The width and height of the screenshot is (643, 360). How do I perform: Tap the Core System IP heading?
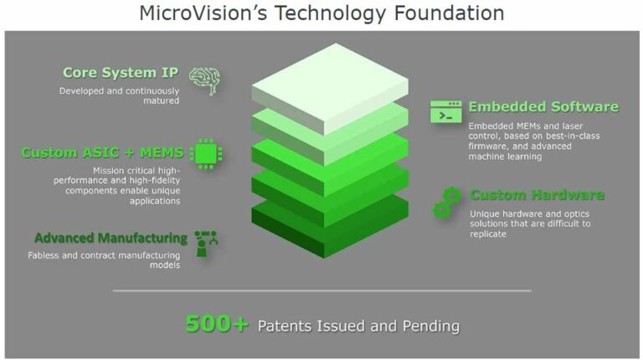[121, 73]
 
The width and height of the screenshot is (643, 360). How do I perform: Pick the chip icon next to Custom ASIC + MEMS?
[206, 153]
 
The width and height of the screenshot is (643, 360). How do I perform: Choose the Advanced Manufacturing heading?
[110, 238]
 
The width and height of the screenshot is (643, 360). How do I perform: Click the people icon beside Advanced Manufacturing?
[206, 243]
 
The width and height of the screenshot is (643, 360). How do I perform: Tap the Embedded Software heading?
[543, 106]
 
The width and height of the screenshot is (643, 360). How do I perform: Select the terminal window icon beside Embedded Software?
[446, 111]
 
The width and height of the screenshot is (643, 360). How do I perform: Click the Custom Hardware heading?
[537, 195]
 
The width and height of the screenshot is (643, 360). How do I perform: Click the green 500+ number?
[217, 324]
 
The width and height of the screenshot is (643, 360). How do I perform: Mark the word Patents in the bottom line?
[288, 326]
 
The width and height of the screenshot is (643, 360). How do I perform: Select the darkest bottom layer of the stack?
[330, 219]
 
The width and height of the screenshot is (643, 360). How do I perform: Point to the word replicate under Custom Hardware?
[488, 234]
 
